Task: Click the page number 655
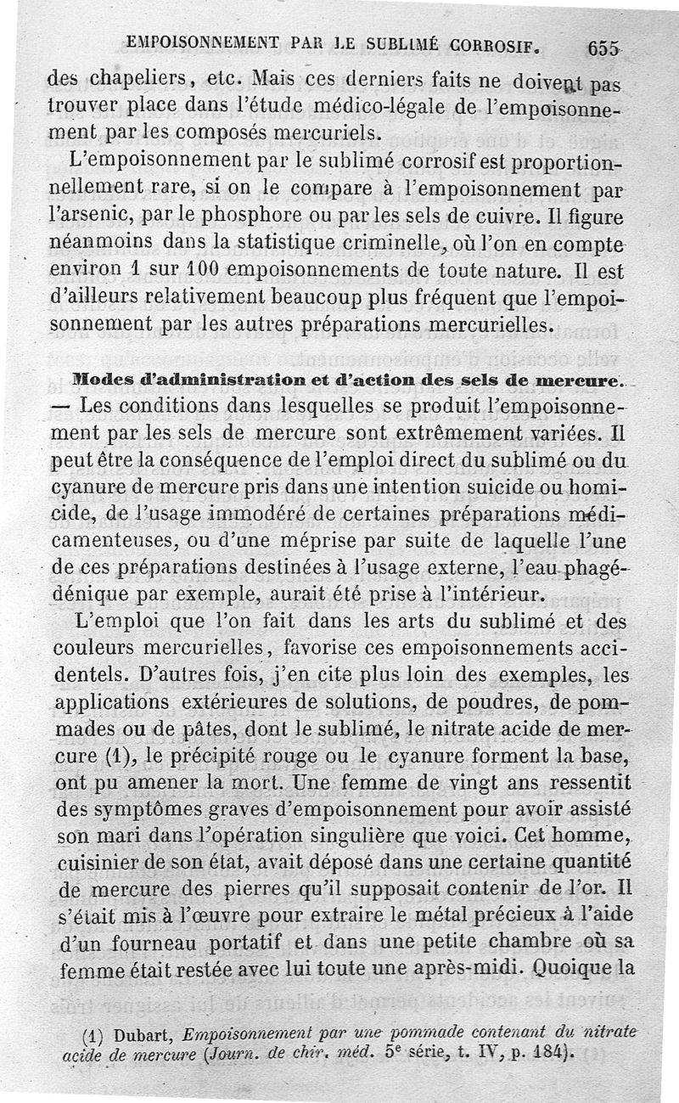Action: coord(603,49)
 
